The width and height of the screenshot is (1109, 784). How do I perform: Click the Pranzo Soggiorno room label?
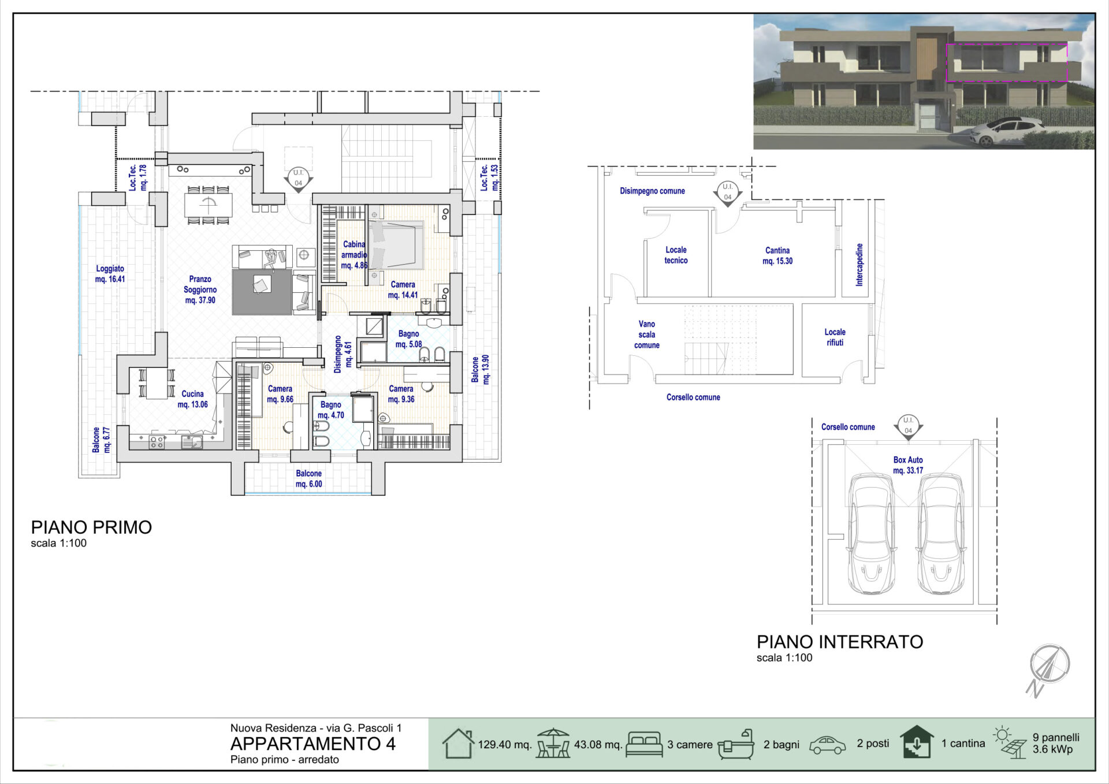[200, 289]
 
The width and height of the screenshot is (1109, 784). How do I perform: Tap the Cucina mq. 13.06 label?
[192, 399]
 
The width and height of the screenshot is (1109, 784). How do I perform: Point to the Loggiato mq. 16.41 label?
[110, 274]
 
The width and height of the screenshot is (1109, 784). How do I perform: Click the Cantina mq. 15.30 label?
[777, 255]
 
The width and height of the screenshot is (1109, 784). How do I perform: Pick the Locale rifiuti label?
[835, 337]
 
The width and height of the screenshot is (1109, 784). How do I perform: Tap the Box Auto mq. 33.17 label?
[908, 465]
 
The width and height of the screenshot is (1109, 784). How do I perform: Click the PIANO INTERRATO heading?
[840, 642]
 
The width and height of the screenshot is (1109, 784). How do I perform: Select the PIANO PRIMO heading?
[91, 527]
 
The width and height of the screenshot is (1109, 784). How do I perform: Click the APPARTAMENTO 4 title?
[313, 744]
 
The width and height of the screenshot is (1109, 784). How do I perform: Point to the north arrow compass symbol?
[1048, 670]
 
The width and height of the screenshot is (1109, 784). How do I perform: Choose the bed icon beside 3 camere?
[644, 744]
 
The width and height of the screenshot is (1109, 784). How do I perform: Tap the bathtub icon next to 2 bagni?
[736, 744]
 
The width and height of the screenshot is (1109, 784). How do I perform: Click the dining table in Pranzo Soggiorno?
[208, 205]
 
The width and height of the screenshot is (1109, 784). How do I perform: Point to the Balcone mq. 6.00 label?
[308, 479]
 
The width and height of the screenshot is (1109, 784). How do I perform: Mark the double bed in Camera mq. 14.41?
[396, 246]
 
